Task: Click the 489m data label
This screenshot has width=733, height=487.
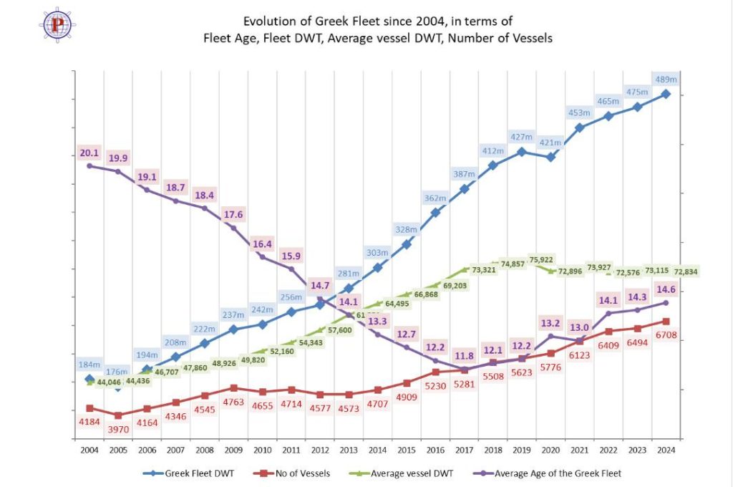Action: pos(666,79)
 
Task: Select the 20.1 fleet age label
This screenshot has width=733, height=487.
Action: pos(89,153)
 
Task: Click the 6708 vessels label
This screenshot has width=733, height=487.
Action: pos(666,335)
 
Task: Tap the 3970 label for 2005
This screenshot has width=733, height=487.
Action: pos(117,429)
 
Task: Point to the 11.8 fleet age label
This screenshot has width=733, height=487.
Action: pos(465,355)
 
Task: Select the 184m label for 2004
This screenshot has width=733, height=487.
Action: pos(89,365)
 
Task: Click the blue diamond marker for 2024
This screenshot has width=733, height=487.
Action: pos(666,94)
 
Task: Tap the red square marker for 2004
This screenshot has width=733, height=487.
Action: pos(89,408)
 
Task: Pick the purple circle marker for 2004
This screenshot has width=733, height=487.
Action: pos(89,165)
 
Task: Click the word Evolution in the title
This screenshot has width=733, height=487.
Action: pos(271,21)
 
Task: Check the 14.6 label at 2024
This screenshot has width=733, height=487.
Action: pos(666,290)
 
